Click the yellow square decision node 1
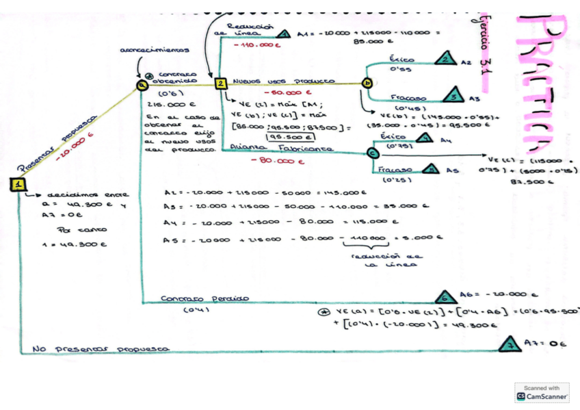[18, 184]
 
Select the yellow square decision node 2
[221, 84]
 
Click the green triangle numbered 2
[446, 59]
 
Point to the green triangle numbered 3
[453, 94]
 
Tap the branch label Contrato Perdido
[205, 298]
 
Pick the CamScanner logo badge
[542, 393]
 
